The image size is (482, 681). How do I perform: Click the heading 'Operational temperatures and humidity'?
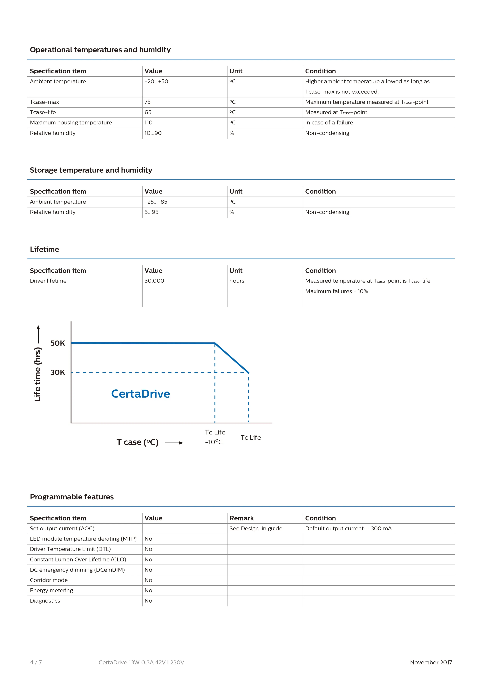(100, 50)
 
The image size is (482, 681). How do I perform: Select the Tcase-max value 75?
(147, 102)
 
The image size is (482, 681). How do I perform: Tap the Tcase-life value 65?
(148, 112)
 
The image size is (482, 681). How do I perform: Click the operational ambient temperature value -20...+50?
(156, 81)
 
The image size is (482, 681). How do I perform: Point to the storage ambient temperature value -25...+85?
(156, 202)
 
